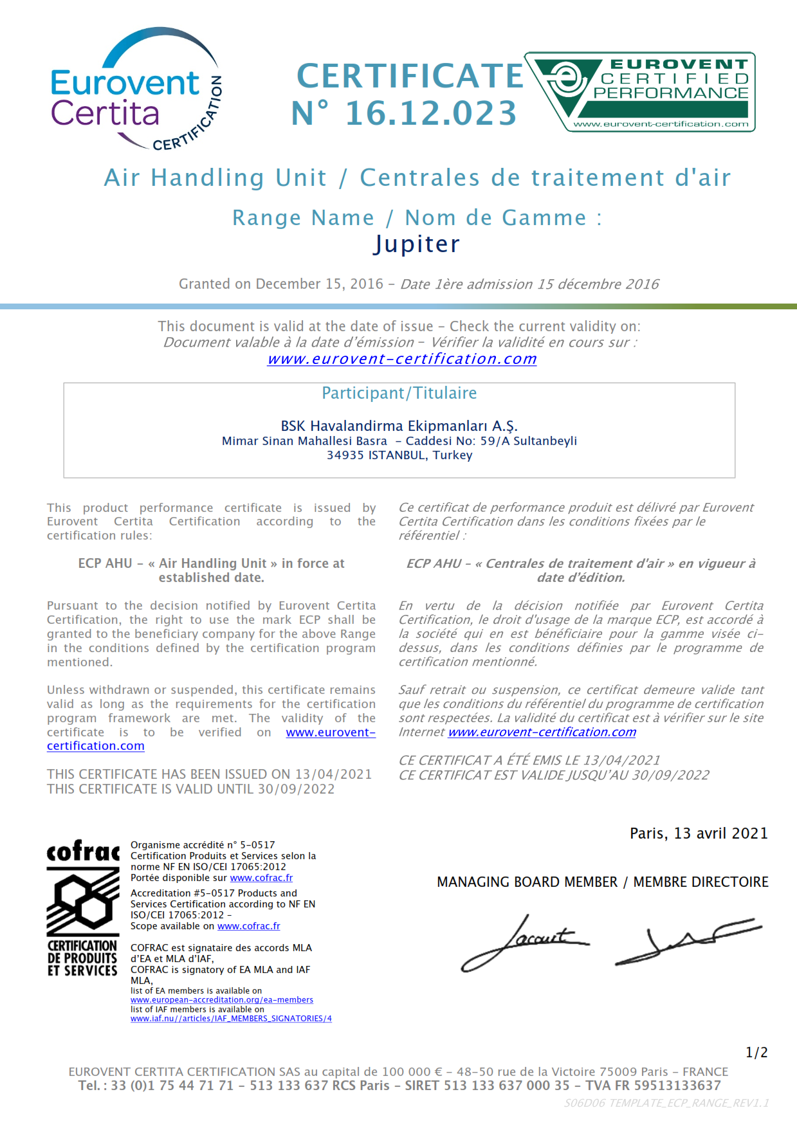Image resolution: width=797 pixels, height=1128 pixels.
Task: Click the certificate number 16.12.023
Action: click(431, 113)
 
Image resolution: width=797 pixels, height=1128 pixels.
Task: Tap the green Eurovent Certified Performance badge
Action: click(640, 92)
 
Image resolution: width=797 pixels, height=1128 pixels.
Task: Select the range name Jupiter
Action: click(417, 244)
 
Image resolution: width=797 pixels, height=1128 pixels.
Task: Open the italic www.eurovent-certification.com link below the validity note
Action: click(402, 359)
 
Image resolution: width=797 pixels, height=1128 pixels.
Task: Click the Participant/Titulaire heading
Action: click(399, 393)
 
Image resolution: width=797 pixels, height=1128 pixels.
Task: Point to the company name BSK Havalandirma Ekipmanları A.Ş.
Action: click(399, 426)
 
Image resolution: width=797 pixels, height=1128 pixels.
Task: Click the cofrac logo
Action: click(83, 907)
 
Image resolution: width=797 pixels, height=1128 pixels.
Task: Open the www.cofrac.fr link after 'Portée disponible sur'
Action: click(261, 878)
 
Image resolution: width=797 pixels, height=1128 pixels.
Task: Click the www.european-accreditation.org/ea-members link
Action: click(221, 1000)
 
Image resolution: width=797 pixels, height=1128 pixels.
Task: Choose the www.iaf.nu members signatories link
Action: click(231, 1019)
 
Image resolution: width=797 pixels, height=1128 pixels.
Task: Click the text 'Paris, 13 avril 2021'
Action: click(699, 833)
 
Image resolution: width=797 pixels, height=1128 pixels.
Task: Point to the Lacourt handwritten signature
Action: click(524, 942)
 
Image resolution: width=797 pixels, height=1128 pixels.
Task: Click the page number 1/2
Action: click(756, 1053)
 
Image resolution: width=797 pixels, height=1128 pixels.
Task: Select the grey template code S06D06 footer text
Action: click(666, 1103)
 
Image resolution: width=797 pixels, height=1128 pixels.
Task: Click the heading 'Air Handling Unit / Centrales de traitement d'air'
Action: click(417, 177)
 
